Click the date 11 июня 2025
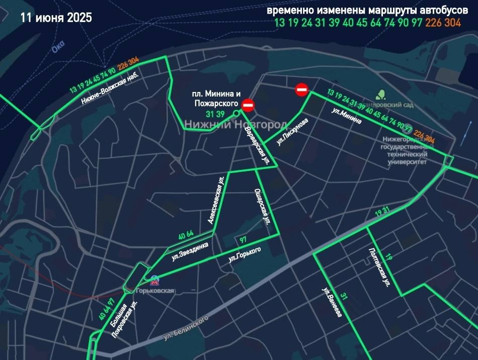coord(56,18)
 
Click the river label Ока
coord(58,47)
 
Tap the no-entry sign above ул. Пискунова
coord(301,90)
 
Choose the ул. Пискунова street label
coord(292,133)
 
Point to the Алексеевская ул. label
coord(215,200)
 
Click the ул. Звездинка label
coord(190,250)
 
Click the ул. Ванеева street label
coord(332,302)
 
